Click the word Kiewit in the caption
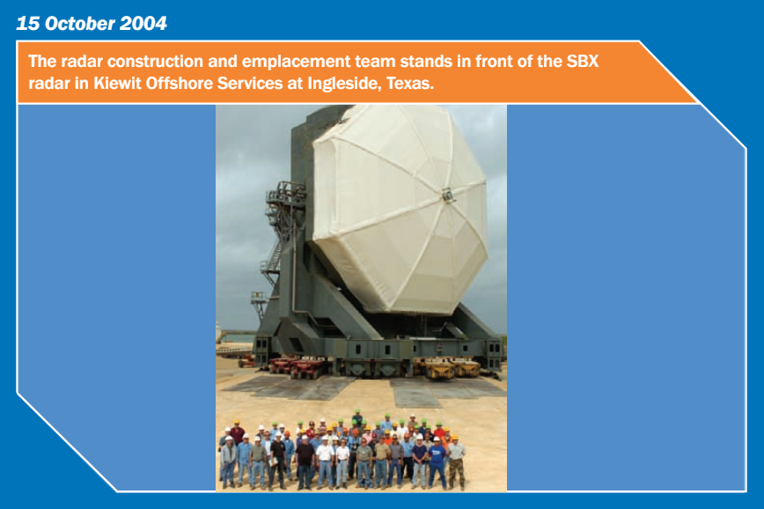pos(117,84)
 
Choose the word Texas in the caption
pos(410,84)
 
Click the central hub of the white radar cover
pos(448,195)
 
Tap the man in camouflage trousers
pos(456,463)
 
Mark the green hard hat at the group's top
pos(357,411)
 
